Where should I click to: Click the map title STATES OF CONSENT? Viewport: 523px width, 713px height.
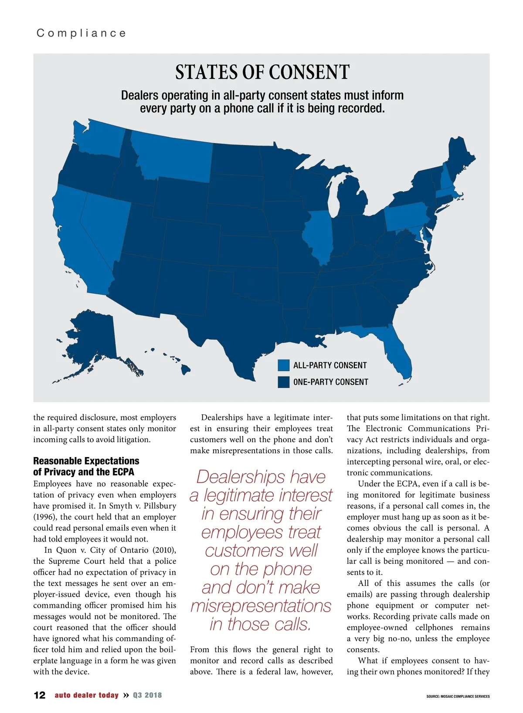coord(262,72)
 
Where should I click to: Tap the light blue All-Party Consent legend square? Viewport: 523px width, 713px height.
coord(284,365)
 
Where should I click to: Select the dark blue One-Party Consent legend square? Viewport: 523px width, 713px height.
coord(284,382)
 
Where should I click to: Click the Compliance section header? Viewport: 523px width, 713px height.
coord(82,33)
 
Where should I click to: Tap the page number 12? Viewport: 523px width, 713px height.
coord(40,695)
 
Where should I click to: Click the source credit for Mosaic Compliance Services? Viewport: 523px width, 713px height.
coord(458,696)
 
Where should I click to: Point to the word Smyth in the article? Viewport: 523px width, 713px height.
coord(121,506)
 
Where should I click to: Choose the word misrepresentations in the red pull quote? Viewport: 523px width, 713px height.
coord(261,605)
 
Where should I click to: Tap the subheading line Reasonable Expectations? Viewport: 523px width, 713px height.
coord(86,461)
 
